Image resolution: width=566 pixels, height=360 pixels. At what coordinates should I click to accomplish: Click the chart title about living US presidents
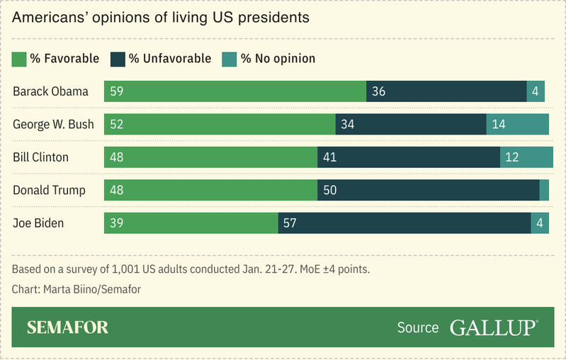[161, 18]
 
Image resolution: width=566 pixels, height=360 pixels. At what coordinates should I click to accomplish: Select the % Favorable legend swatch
[20, 58]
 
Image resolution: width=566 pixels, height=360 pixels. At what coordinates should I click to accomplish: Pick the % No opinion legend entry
[269, 58]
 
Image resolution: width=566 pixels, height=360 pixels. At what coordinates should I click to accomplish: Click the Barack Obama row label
[50, 91]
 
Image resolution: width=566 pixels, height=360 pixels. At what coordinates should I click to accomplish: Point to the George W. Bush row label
[53, 124]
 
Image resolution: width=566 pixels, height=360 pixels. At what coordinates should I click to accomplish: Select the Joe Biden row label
[38, 223]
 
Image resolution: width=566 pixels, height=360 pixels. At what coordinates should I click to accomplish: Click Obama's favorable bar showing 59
[234, 91]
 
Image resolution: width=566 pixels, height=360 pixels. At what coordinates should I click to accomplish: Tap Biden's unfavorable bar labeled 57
[404, 223]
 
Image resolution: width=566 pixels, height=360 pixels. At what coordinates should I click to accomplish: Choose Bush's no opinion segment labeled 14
[517, 124]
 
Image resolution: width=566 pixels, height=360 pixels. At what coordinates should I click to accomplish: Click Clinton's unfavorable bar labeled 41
[408, 157]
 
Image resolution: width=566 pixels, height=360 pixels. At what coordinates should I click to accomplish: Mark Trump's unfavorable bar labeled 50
[428, 190]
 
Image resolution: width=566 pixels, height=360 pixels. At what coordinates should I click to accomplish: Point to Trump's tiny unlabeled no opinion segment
[544, 190]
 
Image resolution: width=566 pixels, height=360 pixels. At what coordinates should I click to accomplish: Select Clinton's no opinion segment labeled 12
[526, 157]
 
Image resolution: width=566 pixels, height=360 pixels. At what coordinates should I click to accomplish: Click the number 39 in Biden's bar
[117, 223]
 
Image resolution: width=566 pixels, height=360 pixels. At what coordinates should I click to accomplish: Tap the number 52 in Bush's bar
[117, 125]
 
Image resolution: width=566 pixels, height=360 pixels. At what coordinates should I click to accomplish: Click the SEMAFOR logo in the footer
[67, 327]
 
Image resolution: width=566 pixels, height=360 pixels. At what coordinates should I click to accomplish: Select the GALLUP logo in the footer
[494, 327]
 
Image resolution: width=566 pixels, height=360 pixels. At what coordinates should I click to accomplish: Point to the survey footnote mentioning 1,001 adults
[191, 270]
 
